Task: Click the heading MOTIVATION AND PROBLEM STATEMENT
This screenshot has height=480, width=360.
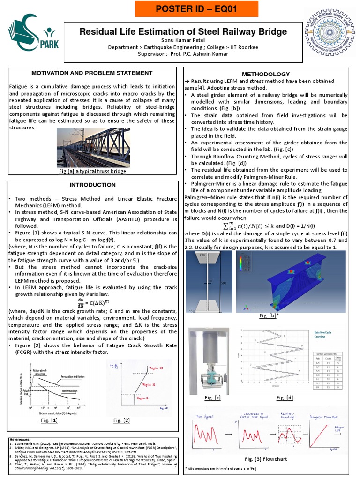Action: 91,73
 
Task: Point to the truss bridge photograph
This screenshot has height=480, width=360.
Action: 91,148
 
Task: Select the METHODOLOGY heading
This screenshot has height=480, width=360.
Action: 265,74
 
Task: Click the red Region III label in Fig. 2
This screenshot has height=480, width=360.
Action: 156,368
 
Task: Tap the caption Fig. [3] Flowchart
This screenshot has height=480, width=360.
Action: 266,459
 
